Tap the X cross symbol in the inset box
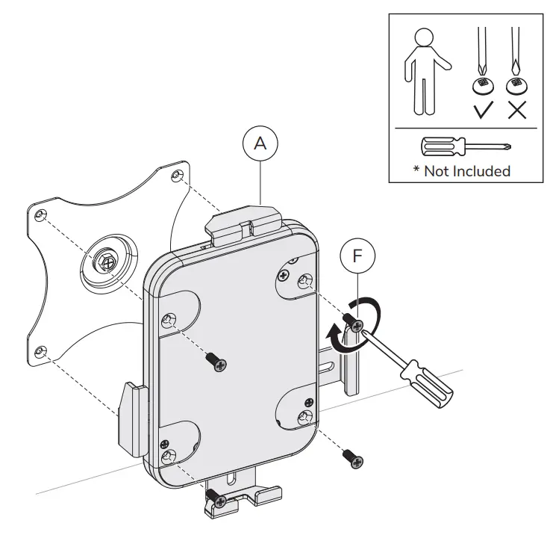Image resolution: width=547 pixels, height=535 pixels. [515, 111]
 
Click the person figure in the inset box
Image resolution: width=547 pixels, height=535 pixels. [423, 71]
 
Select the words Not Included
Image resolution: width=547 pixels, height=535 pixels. [466, 170]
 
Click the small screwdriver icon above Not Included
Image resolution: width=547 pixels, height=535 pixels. [465, 145]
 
